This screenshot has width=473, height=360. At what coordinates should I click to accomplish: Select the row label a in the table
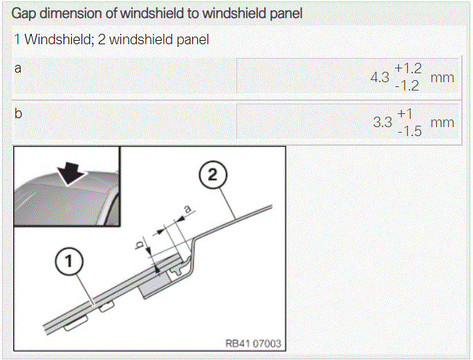(x=18, y=68)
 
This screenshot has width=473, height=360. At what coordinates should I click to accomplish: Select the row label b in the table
(x=18, y=113)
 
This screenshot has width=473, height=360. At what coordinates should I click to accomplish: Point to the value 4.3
(x=380, y=77)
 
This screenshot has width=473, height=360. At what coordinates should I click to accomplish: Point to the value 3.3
(x=382, y=122)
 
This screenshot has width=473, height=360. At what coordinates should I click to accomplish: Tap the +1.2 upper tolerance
(x=408, y=68)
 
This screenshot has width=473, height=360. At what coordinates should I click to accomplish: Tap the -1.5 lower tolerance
(x=409, y=131)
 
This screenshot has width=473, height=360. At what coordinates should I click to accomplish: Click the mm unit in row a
(x=443, y=78)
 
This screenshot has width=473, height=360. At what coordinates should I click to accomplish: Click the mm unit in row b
(x=443, y=123)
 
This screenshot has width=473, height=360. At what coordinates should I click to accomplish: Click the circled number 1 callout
(x=69, y=261)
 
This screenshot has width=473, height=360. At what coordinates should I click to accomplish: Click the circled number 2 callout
(x=213, y=175)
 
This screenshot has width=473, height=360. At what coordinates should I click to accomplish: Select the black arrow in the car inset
(x=71, y=173)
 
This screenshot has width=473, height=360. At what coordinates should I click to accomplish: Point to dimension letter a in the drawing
(x=187, y=209)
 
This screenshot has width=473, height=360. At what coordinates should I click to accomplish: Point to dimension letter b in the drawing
(x=140, y=245)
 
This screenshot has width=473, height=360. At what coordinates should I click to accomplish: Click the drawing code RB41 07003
(x=253, y=343)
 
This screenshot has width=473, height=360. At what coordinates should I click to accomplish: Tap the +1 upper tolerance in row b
(x=405, y=114)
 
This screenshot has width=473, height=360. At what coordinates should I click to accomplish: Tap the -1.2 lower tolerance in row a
(x=407, y=86)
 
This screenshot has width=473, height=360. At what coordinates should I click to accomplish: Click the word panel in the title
(x=286, y=14)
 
